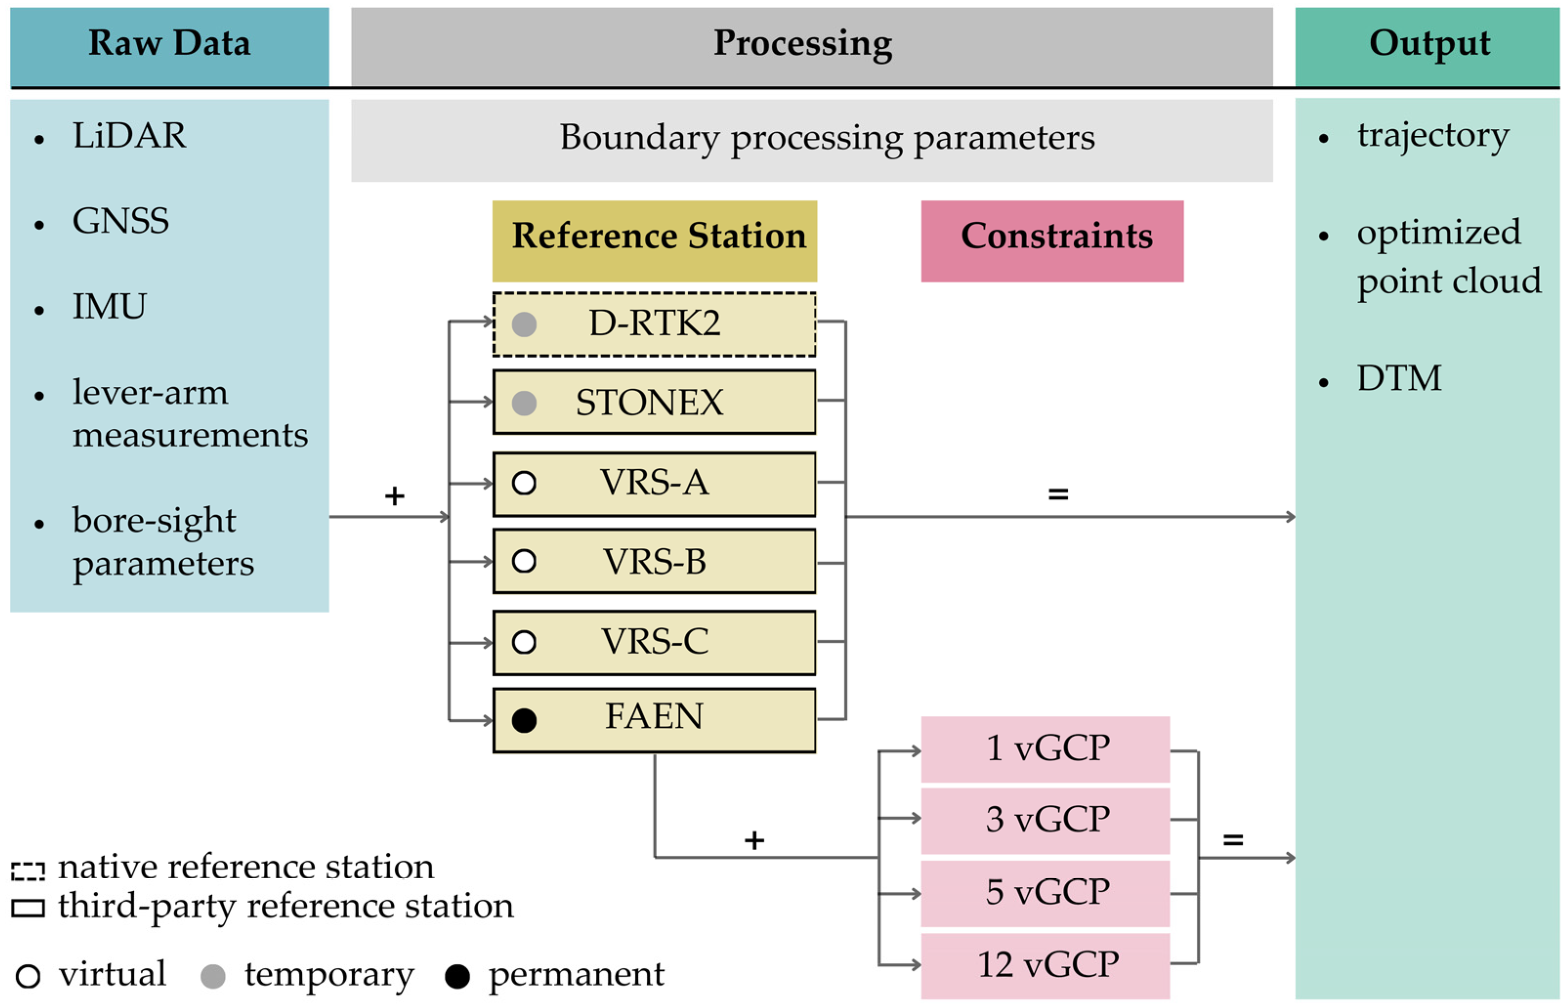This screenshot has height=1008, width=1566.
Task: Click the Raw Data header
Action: (169, 44)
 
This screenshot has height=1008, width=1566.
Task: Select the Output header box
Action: (1427, 44)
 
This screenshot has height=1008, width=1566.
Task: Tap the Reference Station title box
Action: (654, 241)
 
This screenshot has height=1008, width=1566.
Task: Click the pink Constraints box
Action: (1052, 241)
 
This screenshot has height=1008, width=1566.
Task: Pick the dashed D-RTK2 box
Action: (654, 324)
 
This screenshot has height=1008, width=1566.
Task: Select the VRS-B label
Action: (654, 562)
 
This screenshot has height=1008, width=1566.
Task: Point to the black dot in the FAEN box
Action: (524, 721)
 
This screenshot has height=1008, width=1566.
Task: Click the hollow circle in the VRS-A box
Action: (524, 483)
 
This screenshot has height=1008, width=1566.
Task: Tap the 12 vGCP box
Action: (1045, 965)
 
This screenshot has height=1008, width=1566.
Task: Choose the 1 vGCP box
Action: (1045, 749)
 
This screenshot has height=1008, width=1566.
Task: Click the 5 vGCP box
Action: (1045, 893)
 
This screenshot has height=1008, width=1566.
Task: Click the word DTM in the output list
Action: (1398, 378)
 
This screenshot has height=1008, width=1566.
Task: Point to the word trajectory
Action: (1433, 136)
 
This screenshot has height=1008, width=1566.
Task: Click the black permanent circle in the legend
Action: (457, 977)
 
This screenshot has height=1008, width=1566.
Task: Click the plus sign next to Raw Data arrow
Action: (394, 496)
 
